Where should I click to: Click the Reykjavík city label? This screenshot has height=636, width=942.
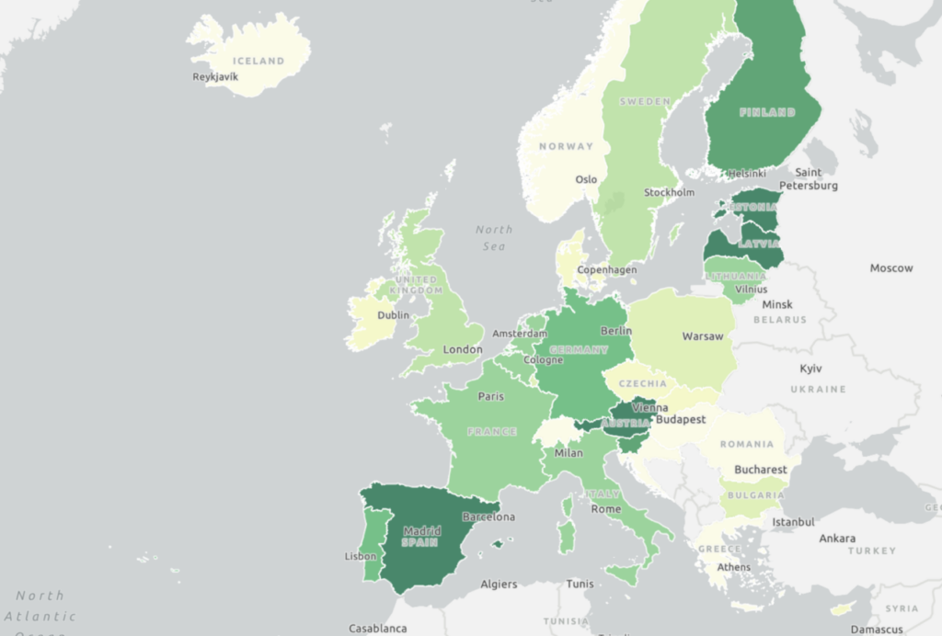tap(215, 77)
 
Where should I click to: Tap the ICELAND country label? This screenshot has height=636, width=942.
tap(258, 62)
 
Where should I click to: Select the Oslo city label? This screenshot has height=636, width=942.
tap(586, 180)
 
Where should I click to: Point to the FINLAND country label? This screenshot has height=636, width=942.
tap(767, 113)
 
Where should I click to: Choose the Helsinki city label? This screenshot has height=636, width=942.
tap(746, 174)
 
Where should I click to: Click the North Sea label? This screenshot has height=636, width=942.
tap(494, 238)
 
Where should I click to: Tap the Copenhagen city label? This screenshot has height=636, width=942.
tap(606, 270)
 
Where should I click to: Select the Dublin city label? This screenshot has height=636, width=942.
tap(393, 315)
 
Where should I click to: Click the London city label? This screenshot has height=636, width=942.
tap(462, 350)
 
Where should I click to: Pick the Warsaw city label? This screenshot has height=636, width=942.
tap(703, 337)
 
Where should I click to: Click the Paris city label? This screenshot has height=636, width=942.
tap(490, 397)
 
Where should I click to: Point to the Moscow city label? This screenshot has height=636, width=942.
tap(891, 268)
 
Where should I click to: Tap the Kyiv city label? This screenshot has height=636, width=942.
tap(810, 369)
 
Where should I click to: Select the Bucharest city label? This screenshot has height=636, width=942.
tap(760, 470)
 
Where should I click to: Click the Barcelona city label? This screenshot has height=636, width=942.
tap(488, 517)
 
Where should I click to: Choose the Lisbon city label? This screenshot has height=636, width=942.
tap(360, 557)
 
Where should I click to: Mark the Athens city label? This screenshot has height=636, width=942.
tap(734, 568)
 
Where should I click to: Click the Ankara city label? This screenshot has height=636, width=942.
tap(837, 539)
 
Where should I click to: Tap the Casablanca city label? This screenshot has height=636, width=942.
tap(377, 629)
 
